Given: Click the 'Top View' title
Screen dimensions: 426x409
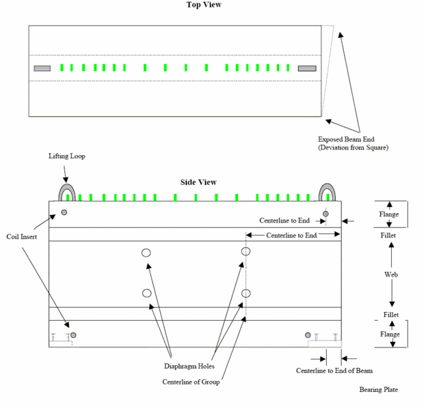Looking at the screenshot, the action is pos(204,5).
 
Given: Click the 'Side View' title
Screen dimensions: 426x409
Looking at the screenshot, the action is pos(198,182).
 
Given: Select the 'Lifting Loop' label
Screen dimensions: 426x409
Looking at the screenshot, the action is pos(67,156).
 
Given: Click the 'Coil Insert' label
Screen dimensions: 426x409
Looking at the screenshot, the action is pos(22,237).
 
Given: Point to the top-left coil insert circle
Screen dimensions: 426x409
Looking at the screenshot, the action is pos(64,212).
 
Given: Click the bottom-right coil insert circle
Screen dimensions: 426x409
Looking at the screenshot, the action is pos(308,335).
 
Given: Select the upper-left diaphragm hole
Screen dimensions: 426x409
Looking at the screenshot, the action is pos(146,253).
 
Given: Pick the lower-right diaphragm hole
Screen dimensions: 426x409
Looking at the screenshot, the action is pos(246,293).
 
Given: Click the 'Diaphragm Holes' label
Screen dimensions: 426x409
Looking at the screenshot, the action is pos(189,366).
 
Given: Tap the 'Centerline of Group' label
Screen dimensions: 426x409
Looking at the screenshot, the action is pos(191,382).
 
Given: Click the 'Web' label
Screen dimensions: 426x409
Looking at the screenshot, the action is pos(391,274).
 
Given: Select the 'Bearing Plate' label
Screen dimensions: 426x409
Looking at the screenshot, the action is pos(378,389).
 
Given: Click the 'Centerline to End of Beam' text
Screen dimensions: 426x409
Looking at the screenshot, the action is pos(334,371).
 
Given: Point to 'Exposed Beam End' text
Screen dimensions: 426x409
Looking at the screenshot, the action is pos(346,139).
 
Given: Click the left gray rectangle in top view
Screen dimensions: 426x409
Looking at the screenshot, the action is pos(42,68).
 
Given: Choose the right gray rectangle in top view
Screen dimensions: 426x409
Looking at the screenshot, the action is pos(307,68).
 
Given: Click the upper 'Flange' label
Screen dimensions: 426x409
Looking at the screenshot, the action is pos(389,214).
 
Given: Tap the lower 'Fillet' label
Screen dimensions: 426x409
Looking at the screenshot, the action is pos(391,315).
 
